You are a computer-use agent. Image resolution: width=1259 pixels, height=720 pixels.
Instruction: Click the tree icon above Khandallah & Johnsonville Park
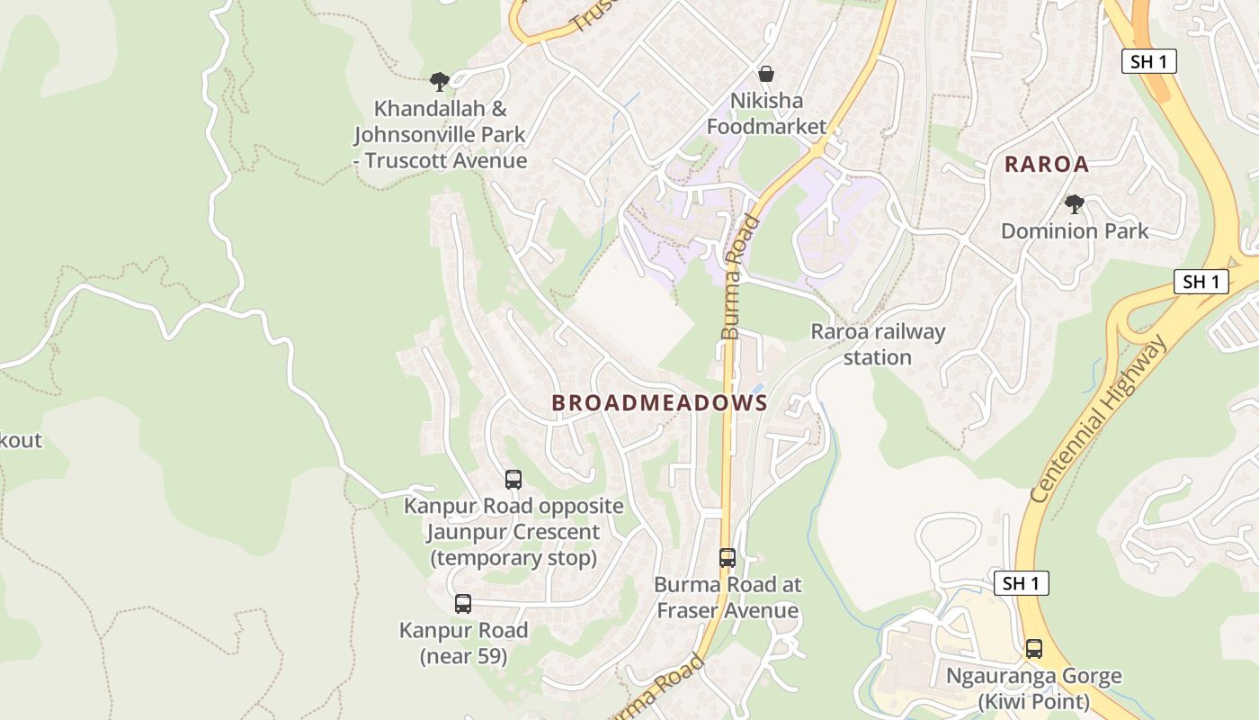pos(439,82)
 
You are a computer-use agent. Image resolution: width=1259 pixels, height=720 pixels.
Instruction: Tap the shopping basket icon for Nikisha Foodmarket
pos(766,74)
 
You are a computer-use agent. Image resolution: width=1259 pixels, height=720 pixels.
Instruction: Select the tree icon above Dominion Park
pos(1074,203)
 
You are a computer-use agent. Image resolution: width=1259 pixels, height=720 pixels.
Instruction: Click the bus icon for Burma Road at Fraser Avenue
pos(728,558)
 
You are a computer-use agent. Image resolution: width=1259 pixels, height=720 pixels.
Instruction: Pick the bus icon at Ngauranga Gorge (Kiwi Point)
pos(1034,648)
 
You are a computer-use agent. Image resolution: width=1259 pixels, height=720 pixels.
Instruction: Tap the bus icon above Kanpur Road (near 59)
pos(463,604)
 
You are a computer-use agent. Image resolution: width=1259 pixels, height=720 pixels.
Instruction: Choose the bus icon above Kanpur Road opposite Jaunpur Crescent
pos(513,480)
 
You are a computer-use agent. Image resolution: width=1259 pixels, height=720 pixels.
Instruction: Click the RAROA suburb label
pos(1046,165)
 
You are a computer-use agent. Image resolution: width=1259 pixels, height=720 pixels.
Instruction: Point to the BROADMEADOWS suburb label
pos(659,403)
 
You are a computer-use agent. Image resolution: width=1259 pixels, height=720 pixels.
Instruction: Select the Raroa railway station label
pos(878,345)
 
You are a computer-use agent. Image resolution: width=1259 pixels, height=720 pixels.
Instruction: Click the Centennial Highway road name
pos(1099,419)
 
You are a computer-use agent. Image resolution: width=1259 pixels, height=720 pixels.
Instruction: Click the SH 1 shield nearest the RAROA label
pos(1148,61)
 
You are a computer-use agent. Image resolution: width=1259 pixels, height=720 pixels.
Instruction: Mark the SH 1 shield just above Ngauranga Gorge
pos(1022,583)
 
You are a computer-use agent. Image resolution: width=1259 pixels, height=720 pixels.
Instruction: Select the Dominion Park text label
pos(1075,231)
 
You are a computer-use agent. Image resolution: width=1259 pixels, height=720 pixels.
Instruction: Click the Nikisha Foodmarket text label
pos(766,113)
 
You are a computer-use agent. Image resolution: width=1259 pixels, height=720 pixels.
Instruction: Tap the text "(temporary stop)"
pos(513,558)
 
